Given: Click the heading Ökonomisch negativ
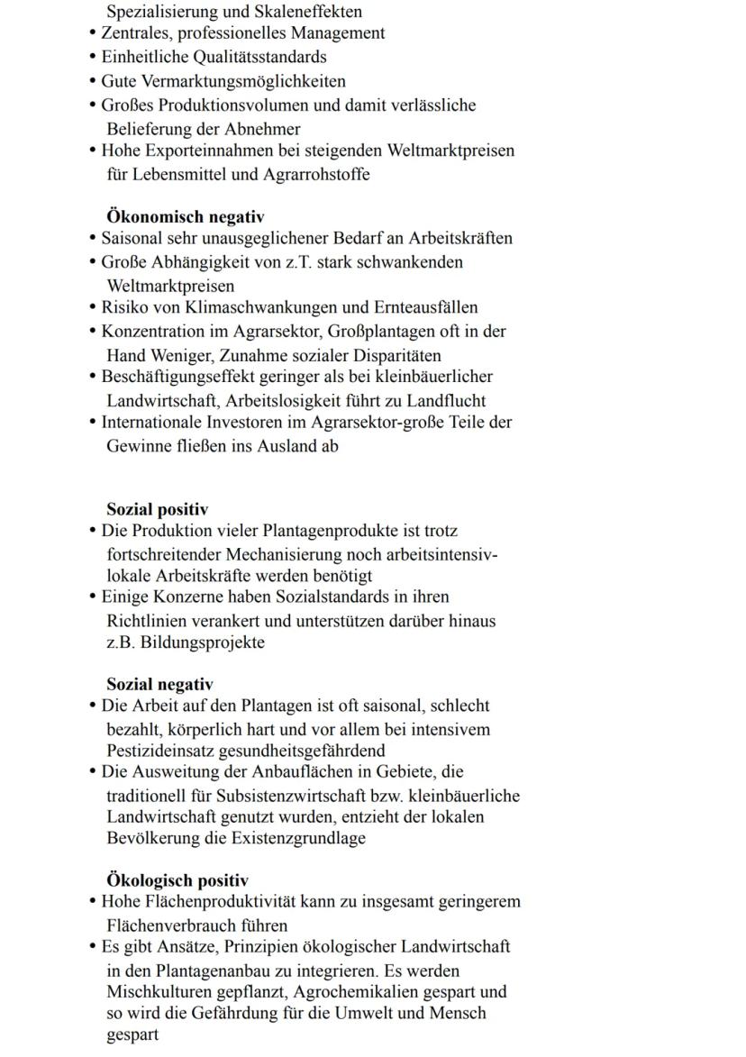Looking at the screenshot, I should coord(186,217).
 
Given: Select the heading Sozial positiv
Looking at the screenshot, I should coord(158,510).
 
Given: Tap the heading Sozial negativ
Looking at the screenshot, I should coord(160,685).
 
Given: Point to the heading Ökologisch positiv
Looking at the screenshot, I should coord(177,880).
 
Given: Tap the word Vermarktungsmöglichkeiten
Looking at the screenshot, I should coord(242,81).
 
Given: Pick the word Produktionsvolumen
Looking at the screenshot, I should coord(228,105).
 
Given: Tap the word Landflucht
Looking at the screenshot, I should coord(447,400).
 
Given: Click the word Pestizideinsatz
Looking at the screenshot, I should coord(162,751).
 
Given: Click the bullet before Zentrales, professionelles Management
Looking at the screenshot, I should coord(94,33).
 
